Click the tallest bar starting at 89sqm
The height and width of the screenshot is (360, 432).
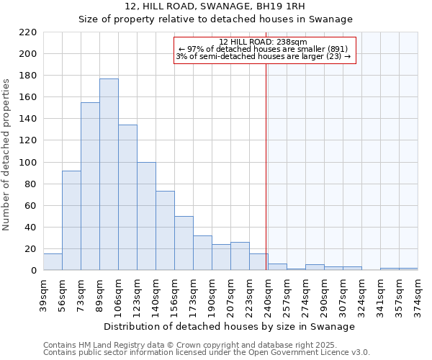[x=109, y=174]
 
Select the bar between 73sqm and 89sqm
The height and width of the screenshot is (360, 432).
[x=90, y=186]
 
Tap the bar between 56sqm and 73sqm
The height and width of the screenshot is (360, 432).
[x=71, y=220]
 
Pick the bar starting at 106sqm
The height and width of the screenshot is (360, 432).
[x=127, y=197]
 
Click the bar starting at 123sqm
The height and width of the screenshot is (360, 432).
[x=146, y=216]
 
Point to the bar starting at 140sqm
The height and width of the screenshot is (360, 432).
[x=165, y=230]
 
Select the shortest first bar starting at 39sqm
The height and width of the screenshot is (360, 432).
[x=53, y=262]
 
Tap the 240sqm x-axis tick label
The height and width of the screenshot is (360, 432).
[x=268, y=296]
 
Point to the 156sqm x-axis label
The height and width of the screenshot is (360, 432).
[x=174, y=296]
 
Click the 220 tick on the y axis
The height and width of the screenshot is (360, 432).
[x=29, y=32]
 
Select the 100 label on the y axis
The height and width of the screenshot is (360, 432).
[x=29, y=163]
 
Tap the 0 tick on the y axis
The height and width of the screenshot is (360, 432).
[x=34, y=271]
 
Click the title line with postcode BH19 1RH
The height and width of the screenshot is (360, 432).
[x=215, y=6]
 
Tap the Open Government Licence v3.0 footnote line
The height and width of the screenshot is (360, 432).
[x=207, y=353]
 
